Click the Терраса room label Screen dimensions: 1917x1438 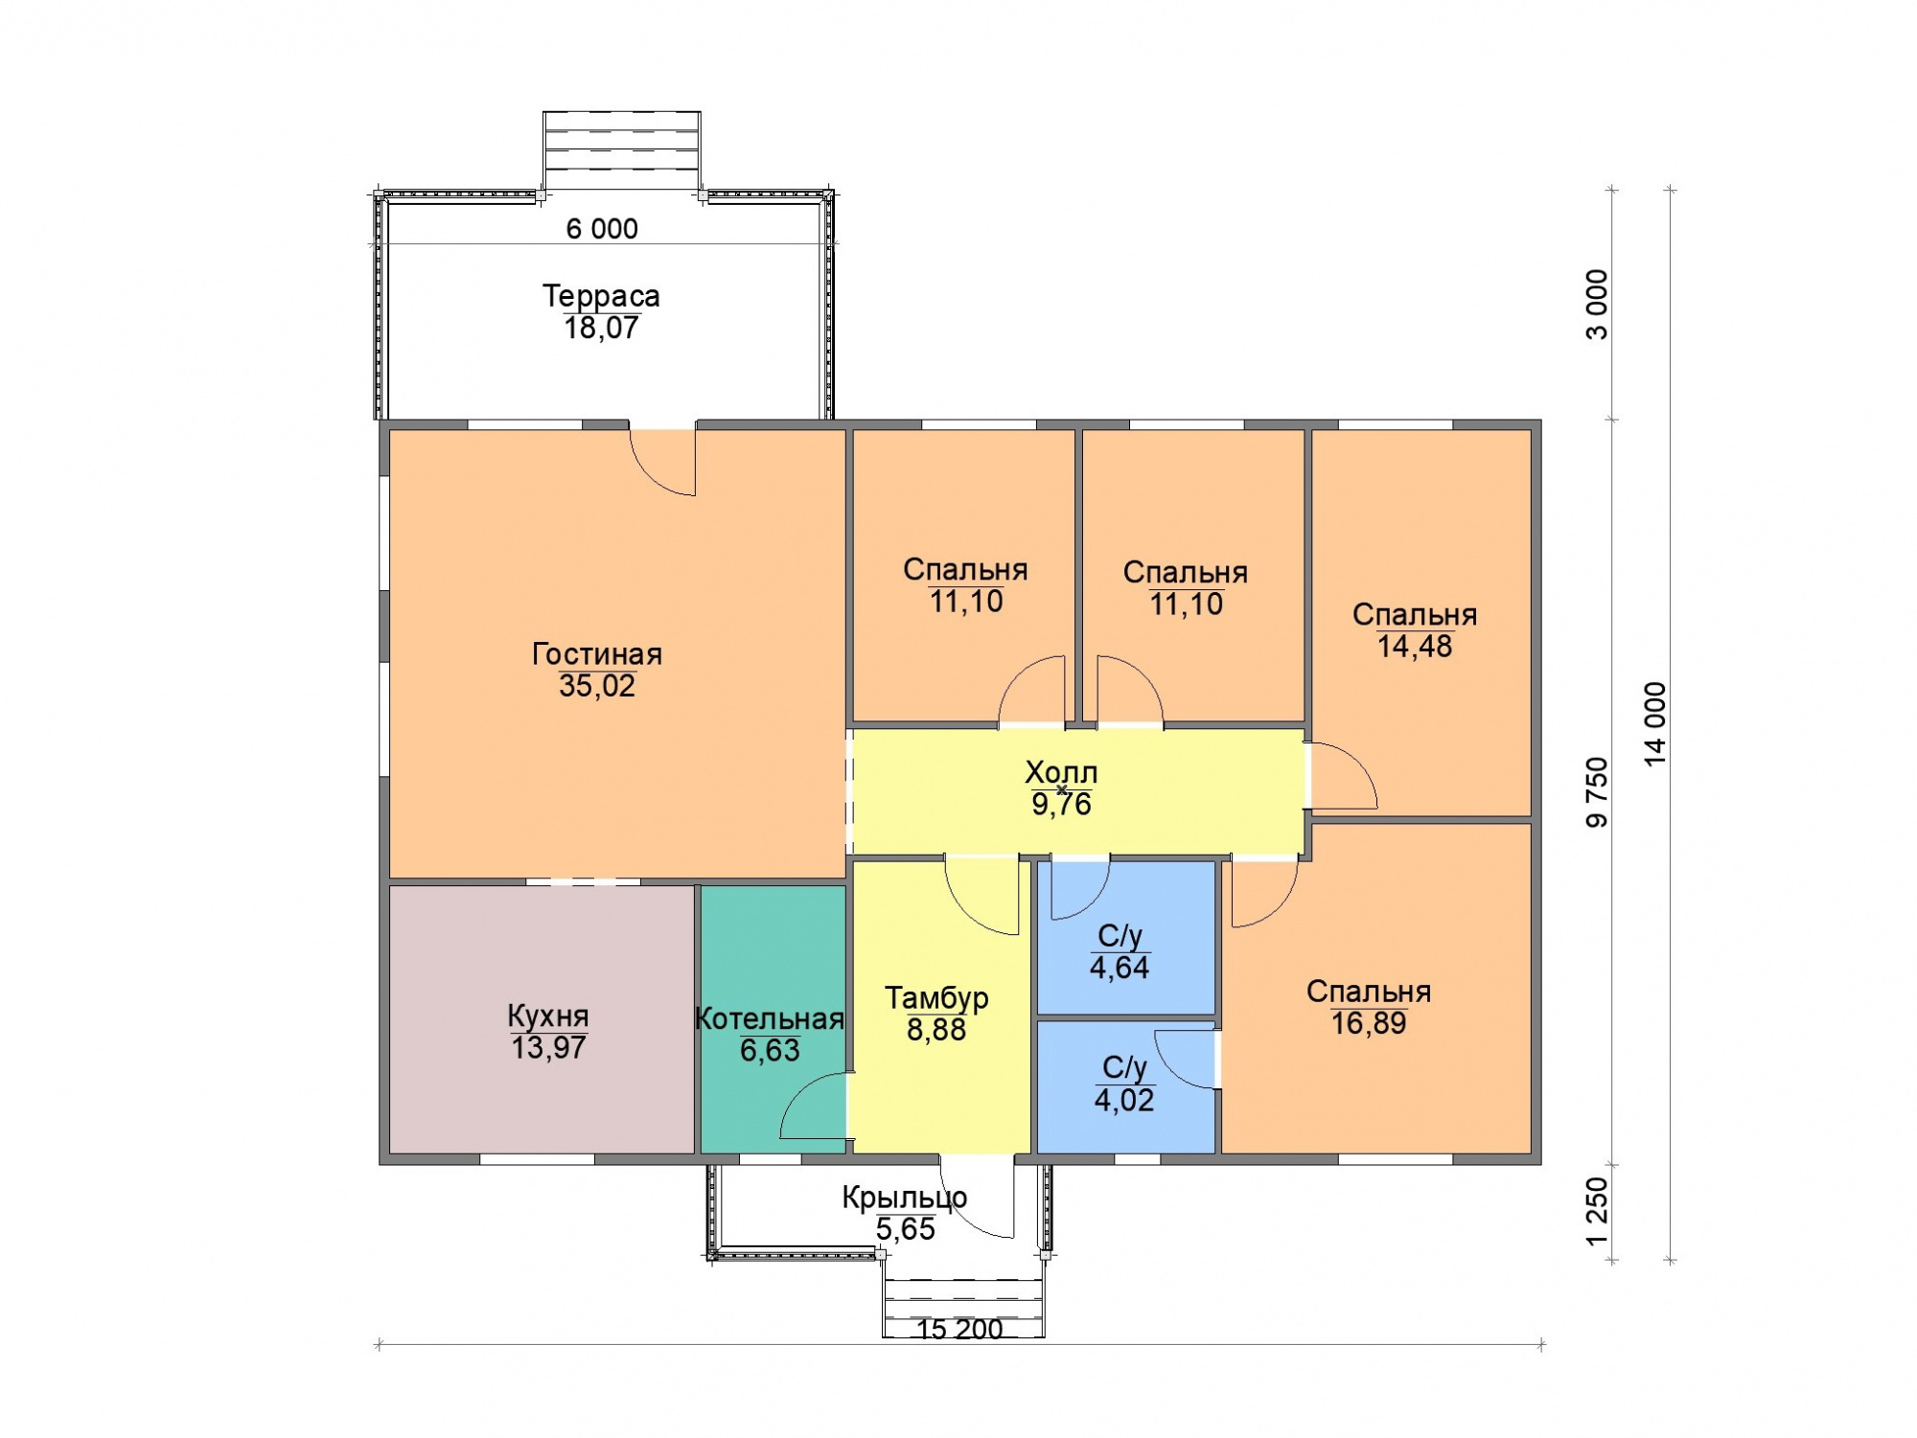601,296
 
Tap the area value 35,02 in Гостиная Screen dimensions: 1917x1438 597,686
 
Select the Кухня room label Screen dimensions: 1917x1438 548,1016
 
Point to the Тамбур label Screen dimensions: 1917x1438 936,998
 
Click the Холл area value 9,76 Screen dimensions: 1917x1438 1061,805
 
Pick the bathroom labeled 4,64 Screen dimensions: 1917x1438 1125,938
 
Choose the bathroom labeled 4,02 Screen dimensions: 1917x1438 1125,1087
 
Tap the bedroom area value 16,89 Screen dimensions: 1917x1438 1369,1023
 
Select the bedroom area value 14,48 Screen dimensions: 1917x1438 1415,647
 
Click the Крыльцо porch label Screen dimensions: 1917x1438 905,1198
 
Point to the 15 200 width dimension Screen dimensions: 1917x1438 959,1330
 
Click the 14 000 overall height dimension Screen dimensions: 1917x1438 1655,724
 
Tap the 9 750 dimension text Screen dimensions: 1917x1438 1597,792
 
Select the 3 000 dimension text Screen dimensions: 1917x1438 1597,305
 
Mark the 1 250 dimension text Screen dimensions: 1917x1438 1597,1211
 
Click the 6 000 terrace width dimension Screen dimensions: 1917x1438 602,229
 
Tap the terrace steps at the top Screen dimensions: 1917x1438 622,149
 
